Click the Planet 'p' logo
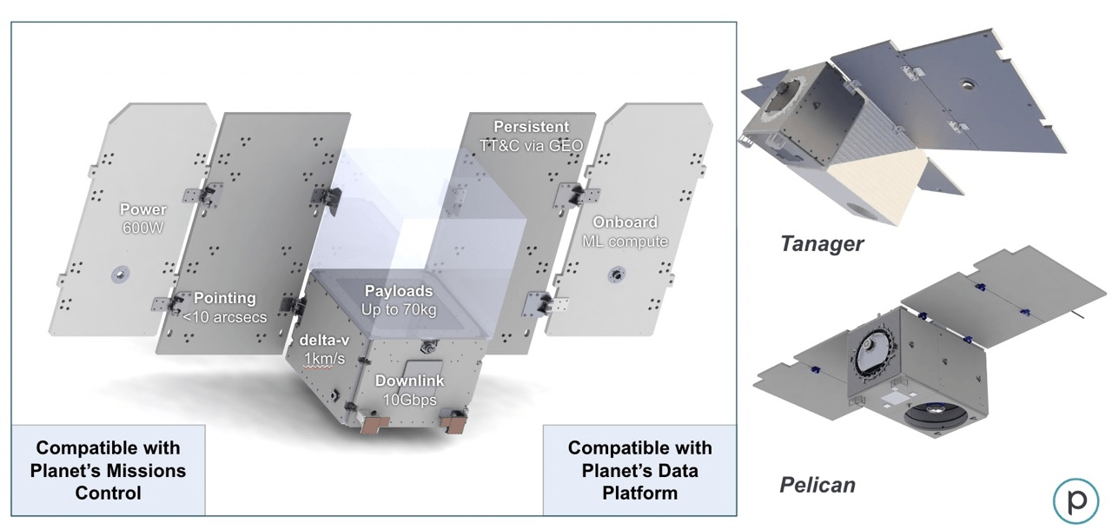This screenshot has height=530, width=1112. tap(1076, 500)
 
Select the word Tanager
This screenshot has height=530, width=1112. tap(822, 244)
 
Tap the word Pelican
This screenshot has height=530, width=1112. tap(817, 485)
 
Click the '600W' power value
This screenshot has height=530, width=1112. tap(143, 229)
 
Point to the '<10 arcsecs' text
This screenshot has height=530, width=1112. tap(224, 317)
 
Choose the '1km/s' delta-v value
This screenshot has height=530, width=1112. tap(324, 359)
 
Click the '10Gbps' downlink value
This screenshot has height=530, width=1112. tap(409, 400)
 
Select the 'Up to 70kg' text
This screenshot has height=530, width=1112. tap(399, 310)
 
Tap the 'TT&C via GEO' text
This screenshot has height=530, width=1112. tap(531, 146)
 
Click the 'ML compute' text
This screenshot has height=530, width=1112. tap(625, 242)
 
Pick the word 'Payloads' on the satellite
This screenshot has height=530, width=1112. tap(399, 291)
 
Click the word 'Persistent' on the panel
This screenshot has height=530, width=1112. tap(531, 127)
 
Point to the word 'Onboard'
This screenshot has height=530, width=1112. tap(625, 222)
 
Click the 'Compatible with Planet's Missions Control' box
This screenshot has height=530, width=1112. tap(109, 470)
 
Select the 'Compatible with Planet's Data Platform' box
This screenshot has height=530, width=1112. tap(640, 470)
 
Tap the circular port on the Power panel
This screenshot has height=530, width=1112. tap(120, 274)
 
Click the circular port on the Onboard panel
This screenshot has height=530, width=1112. tap(617, 275)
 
